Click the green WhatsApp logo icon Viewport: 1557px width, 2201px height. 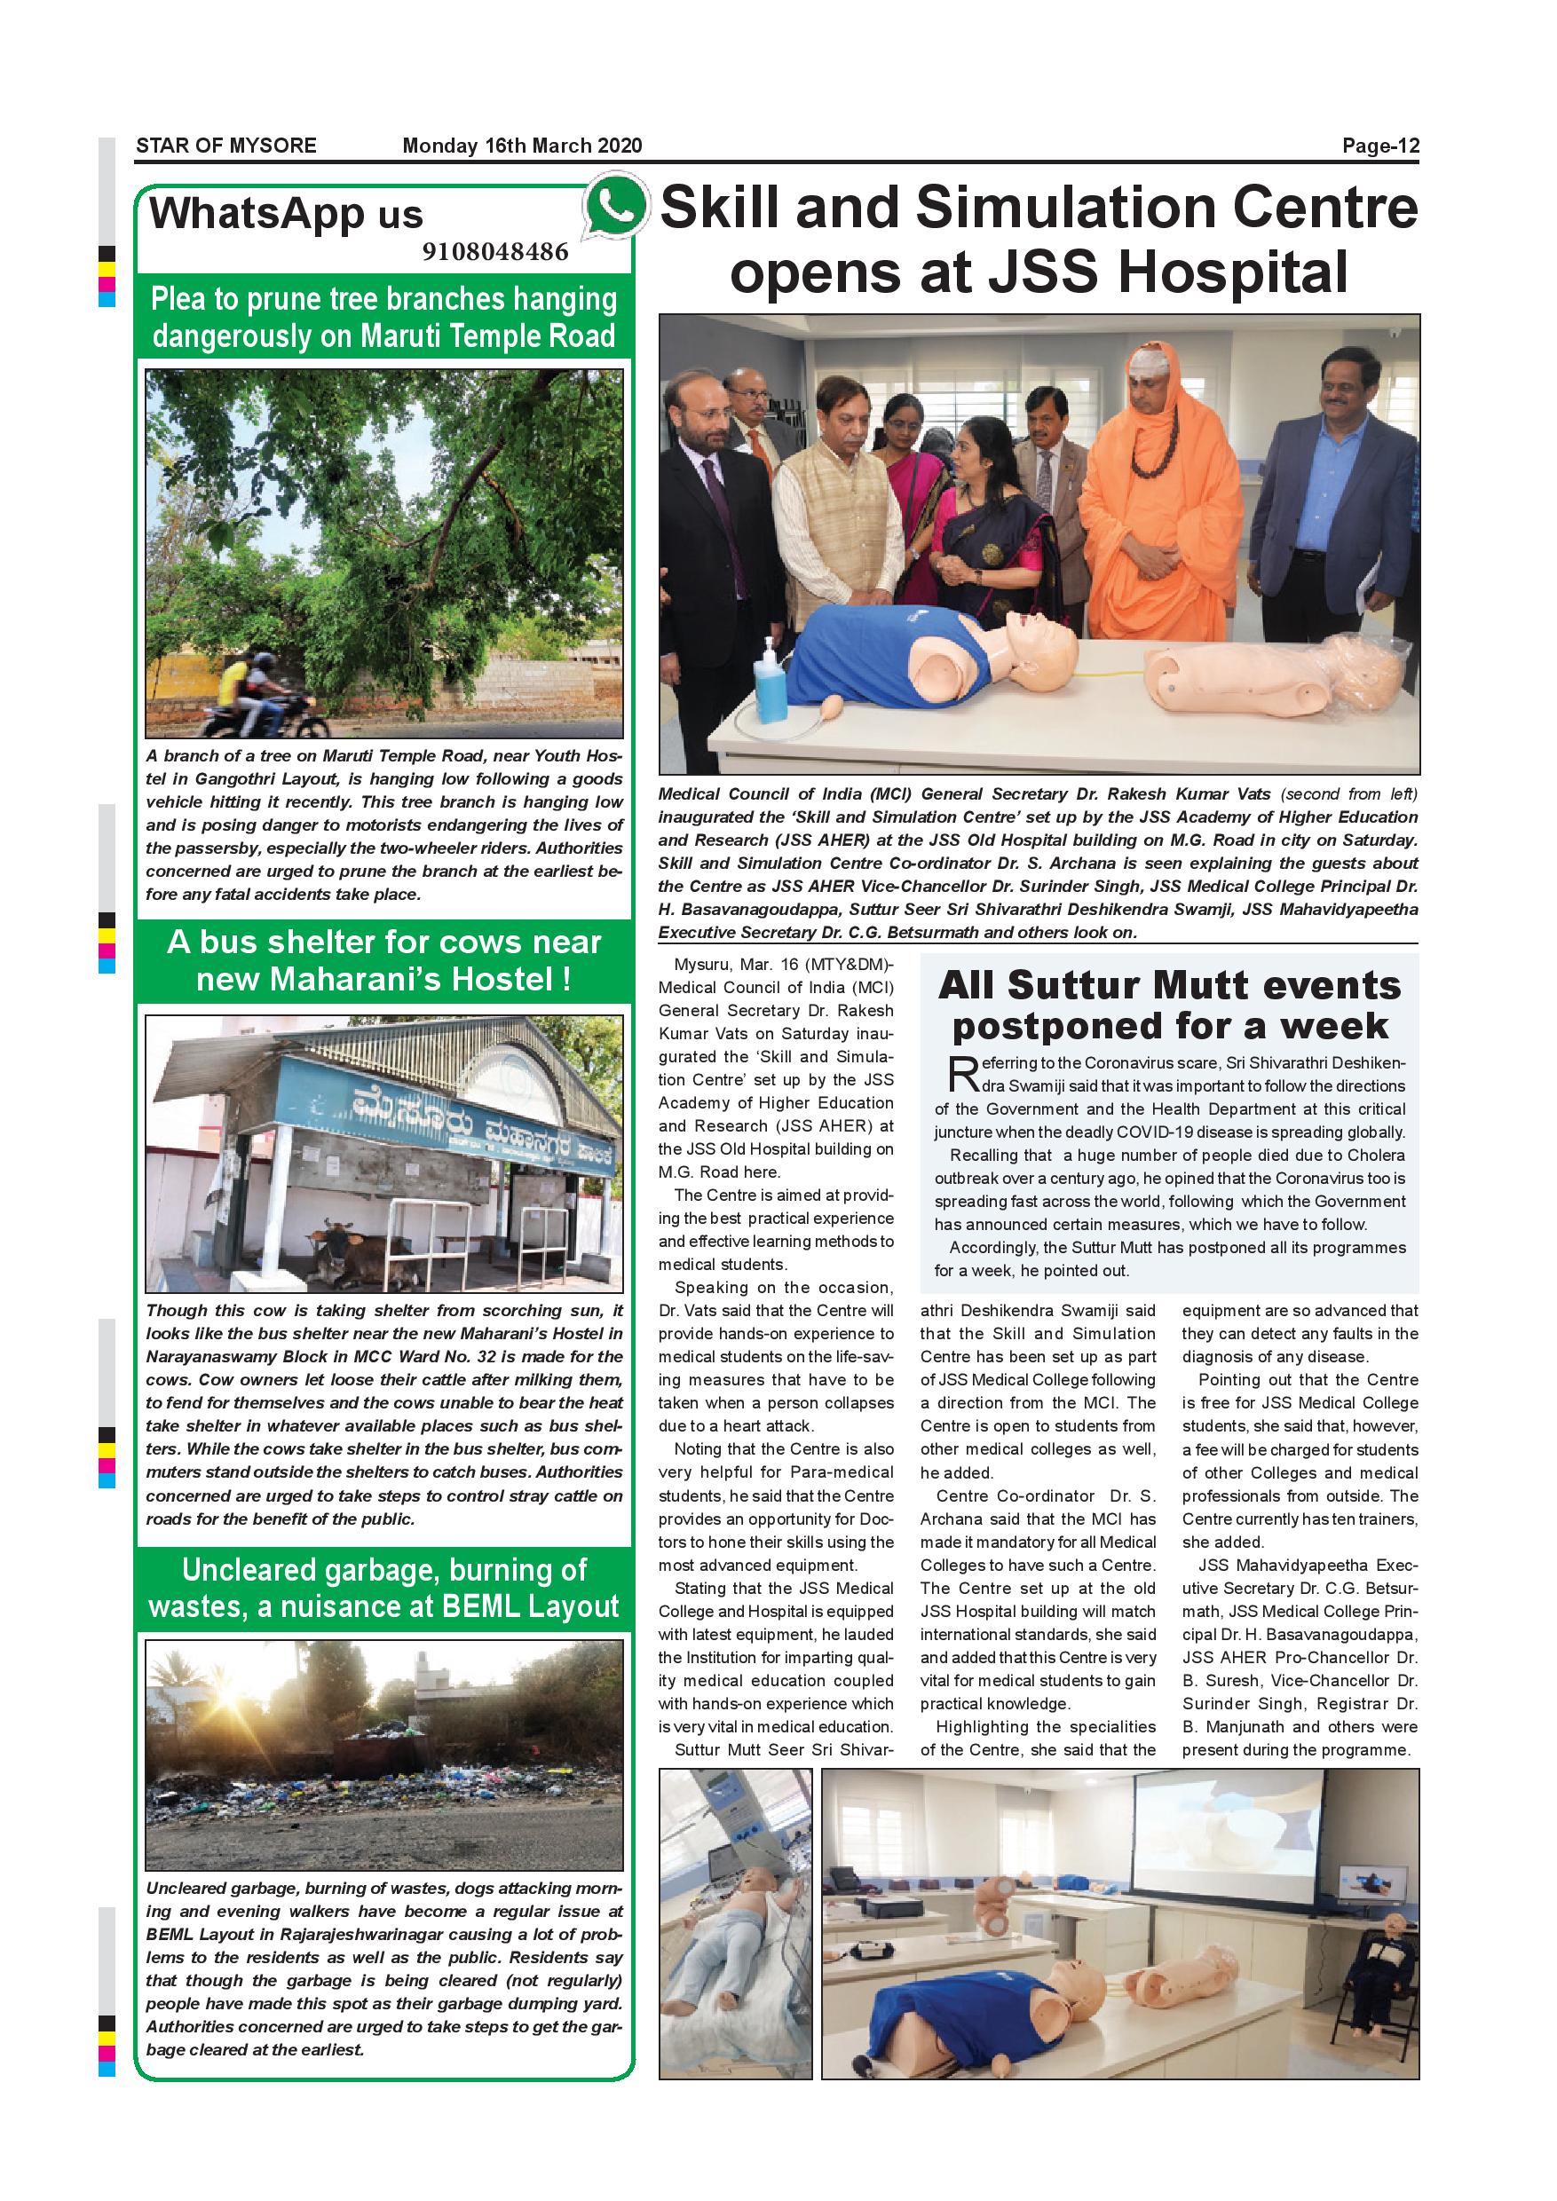pos(615,205)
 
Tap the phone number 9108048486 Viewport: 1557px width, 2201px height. pos(494,252)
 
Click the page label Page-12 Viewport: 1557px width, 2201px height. pos(1379,146)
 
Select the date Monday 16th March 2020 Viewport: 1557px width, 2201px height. pos(522,146)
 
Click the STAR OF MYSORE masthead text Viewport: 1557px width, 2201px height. pos(226,146)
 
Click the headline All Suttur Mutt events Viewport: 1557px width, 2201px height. pos(1169,984)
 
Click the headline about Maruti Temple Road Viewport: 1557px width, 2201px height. pos(383,318)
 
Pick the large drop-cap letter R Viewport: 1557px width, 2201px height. pos(961,1075)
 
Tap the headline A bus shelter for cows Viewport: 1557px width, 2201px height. pos(383,960)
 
